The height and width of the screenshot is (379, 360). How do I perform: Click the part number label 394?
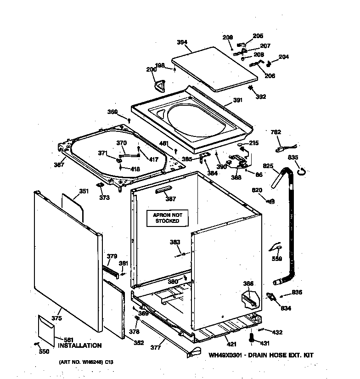(182, 42)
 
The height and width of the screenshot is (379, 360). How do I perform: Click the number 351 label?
(84, 191)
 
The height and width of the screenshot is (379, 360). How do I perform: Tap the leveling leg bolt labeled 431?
(251, 339)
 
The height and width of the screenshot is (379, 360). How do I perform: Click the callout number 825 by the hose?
(268, 166)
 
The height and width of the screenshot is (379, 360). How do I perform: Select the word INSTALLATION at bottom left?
(79, 345)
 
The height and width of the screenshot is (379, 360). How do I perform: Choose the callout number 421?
(231, 344)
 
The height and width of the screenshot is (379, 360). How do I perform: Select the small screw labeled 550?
(35, 344)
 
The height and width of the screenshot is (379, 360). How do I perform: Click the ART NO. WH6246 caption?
(86, 362)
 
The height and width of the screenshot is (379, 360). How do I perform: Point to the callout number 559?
(276, 259)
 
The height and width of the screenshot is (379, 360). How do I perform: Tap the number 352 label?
(138, 342)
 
